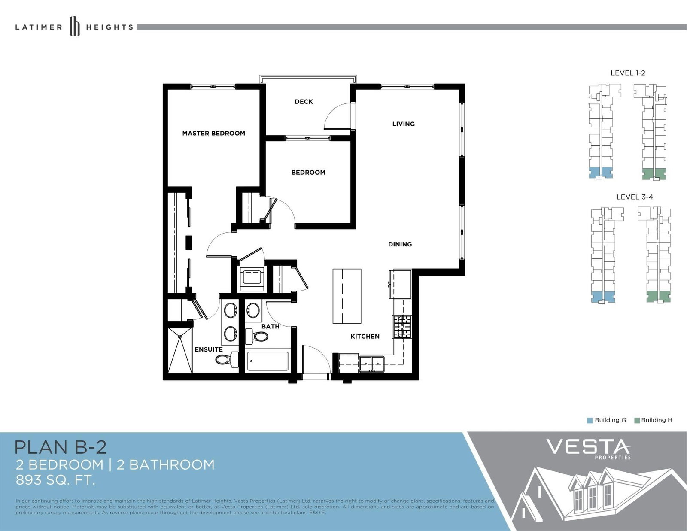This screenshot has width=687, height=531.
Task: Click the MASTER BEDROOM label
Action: coord(214,134)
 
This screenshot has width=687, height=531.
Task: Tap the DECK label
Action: coord(304,101)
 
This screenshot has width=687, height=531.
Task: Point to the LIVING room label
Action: coord(404,124)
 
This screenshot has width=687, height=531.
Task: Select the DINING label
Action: coord(400,244)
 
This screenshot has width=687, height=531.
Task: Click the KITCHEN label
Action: coord(365,336)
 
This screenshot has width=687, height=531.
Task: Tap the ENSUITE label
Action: coord(209,349)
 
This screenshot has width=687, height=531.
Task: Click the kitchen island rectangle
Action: coord(347,296)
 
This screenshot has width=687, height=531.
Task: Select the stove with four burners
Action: coord(402,327)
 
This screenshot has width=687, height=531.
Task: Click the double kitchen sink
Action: coord(371,364)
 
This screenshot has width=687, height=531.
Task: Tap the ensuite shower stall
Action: coord(179,350)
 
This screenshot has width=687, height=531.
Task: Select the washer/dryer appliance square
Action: coord(252,279)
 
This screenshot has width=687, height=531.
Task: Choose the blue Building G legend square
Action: coord(589,420)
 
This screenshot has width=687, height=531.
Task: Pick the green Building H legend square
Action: coord(637,420)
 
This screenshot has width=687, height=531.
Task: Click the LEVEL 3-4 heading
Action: coord(635,197)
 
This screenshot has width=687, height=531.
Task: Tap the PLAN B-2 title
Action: coord(61,447)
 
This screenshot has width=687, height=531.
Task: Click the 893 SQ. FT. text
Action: coord(55,480)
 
